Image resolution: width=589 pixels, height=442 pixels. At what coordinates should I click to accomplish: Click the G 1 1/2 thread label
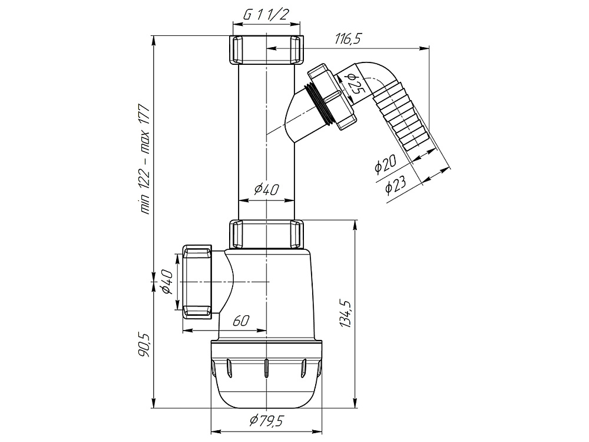point(266,15)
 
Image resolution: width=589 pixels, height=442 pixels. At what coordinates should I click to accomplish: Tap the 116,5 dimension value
point(348,38)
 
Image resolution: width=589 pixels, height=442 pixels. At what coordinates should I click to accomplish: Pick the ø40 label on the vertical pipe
point(266,190)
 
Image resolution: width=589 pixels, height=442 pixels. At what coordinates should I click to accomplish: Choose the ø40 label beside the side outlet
point(167,282)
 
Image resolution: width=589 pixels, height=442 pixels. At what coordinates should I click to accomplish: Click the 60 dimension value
point(241,321)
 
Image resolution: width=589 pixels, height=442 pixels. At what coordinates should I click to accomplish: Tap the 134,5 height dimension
point(345,314)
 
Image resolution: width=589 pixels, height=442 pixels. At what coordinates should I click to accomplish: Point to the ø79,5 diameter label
point(266,421)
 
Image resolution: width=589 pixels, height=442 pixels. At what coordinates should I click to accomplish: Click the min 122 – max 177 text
point(144,158)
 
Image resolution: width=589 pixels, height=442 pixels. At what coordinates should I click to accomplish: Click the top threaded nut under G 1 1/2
point(266,50)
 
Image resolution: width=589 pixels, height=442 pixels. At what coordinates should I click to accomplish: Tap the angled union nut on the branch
point(332,97)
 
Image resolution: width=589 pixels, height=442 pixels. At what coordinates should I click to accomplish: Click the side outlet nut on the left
point(197,282)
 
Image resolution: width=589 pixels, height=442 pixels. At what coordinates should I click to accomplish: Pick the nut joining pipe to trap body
point(266,235)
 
